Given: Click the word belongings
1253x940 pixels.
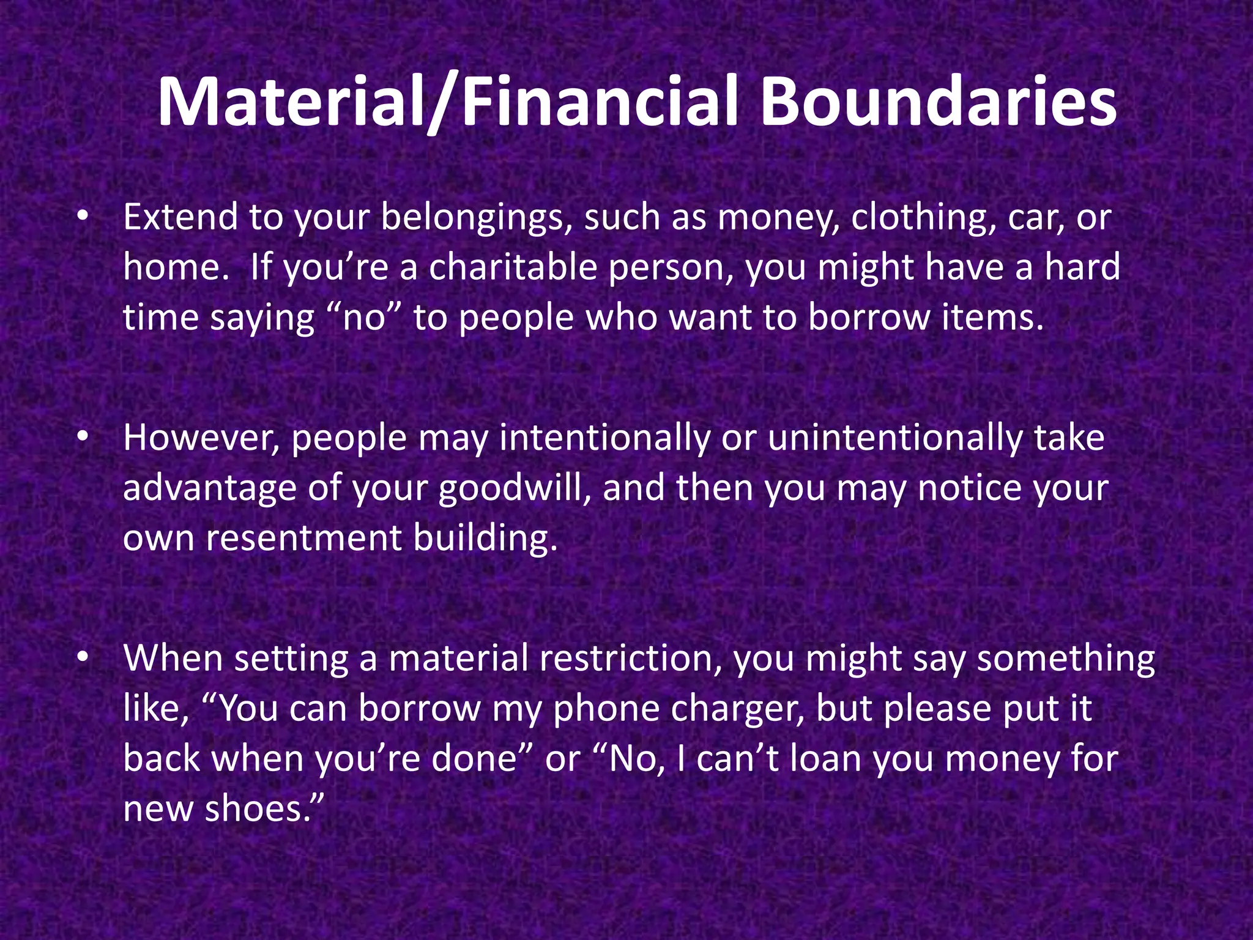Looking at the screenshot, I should point(477,218).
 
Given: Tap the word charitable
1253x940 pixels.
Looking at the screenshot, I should point(513,268).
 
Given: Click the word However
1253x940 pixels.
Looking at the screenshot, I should point(201,439).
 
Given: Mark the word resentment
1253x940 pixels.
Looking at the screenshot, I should point(304,538).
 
